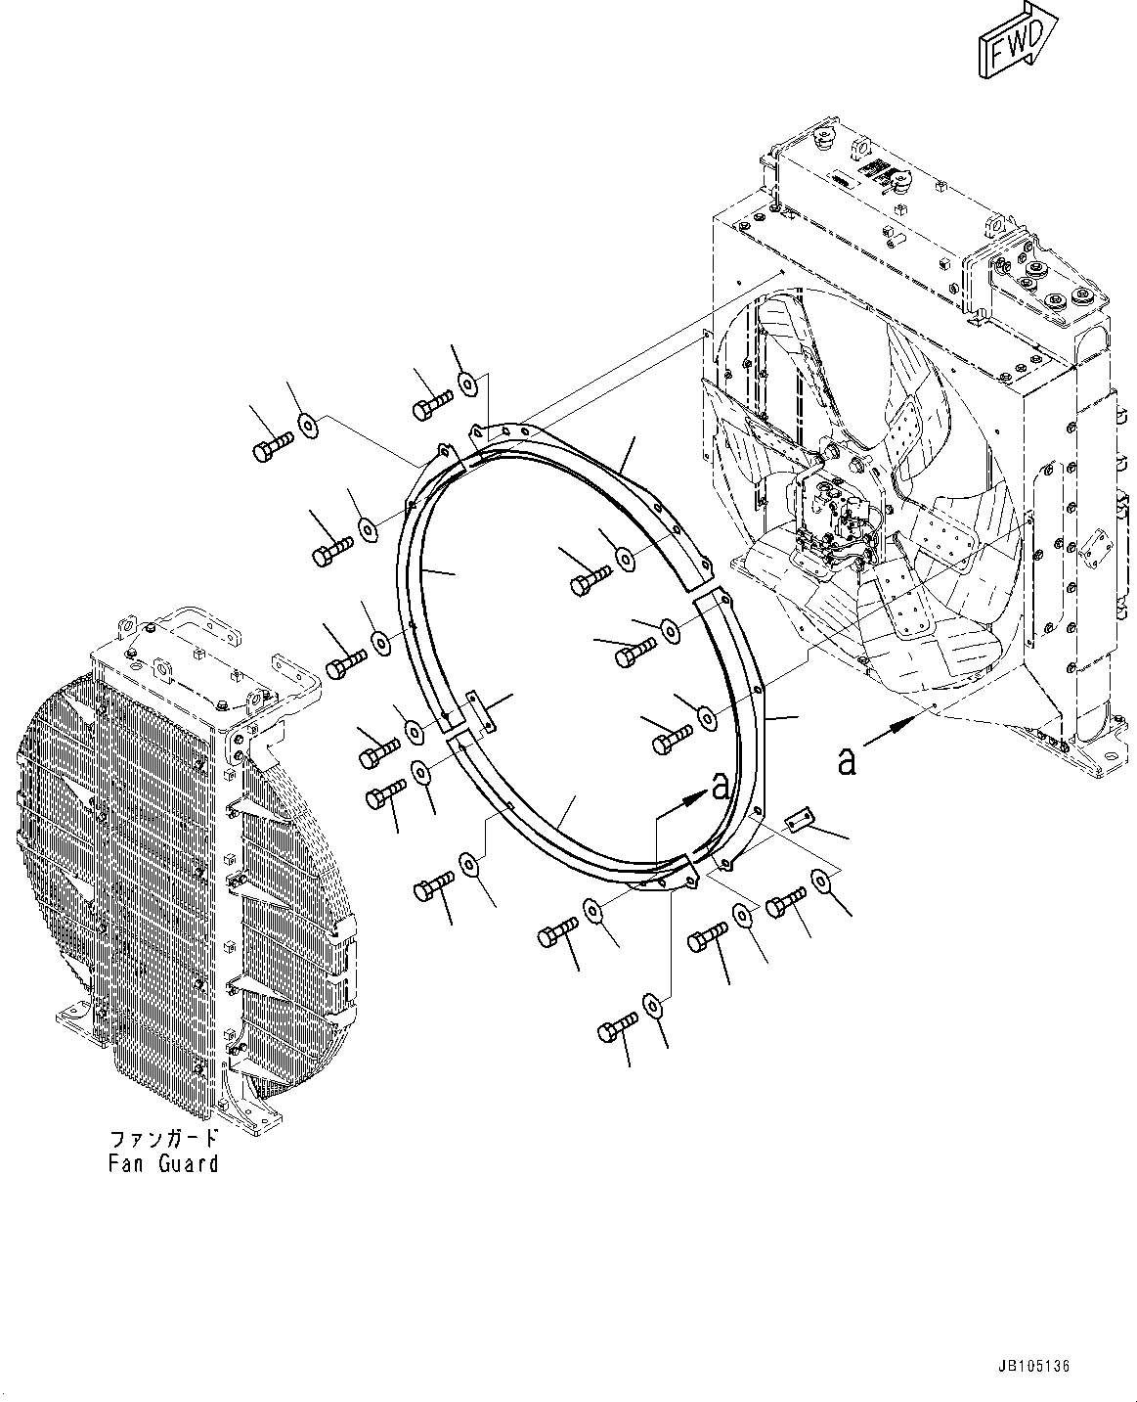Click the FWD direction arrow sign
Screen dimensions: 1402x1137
click(1016, 42)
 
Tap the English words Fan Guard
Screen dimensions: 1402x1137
click(163, 1163)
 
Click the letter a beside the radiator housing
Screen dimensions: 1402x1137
click(847, 759)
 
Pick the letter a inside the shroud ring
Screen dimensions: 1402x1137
click(721, 785)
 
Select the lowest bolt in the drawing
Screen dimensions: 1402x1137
click(618, 1030)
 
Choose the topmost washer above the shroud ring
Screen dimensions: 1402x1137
click(468, 383)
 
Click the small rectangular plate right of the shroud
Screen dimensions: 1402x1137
click(801, 819)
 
